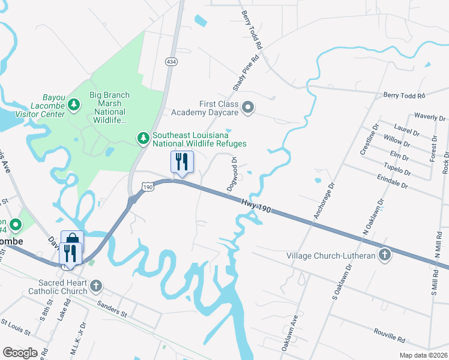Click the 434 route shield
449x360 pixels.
pos(172,62)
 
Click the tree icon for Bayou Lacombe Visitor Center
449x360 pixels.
pos(74,105)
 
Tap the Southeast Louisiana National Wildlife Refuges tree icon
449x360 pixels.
pos(143,138)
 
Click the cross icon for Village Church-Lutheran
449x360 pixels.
pos(384,256)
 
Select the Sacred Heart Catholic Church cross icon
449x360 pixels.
pos(97,286)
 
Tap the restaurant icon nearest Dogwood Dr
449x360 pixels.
pos(182,161)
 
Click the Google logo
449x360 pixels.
pos(20,352)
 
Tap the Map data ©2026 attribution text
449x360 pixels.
pos(423,355)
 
